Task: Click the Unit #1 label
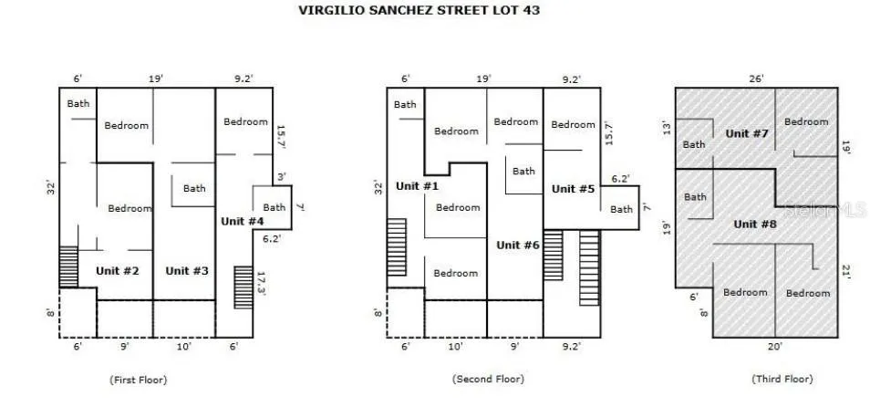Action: pyautogui.click(x=418, y=186)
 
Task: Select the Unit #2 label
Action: pyautogui.click(x=117, y=271)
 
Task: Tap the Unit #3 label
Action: pyautogui.click(x=187, y=271)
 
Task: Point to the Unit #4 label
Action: pyautogui.click(x=243, y=221)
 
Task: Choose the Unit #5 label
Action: pyautogui.click(x=573, y=189)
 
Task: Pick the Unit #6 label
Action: pyautogui.click(x=518, y=245)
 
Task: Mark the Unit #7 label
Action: pyautogui.click(x=747, y=133)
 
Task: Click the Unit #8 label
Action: pyautogui.click(x=755, y=225)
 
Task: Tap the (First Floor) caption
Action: pyautogui.click(x=138, y=380)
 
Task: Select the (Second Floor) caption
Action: pyautogui.click(x=488, y=379)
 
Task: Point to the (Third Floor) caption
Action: pyautogui.click(x=782, y=379)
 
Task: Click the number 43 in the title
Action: pyautogui.click(x=531, y=10)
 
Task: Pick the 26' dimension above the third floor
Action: pyautogui.click(x=756, y=78)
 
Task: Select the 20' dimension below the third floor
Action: pyautogui.click(x=775, y=347)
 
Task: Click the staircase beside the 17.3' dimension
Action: pyautogui.click(x=243, y=287)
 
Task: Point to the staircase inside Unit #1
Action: pyautogui.click(x=397, y=247)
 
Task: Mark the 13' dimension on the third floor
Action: pyautogui.click(x=667, y=129)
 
